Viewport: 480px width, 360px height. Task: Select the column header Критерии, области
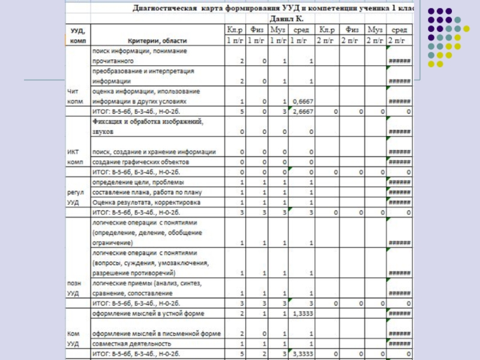click(x=159, y=40)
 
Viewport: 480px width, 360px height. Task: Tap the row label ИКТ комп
click(x=75, y=157)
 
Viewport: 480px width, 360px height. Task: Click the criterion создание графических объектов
click(x=140, y=162)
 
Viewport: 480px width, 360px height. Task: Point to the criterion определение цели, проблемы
click(x=138, y=182)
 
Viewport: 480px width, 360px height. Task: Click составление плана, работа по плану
click(x=145, y=192)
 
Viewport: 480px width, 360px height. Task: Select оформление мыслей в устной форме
click(x=148, y=313)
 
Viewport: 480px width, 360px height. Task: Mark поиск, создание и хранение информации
click(x=154, y=152)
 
